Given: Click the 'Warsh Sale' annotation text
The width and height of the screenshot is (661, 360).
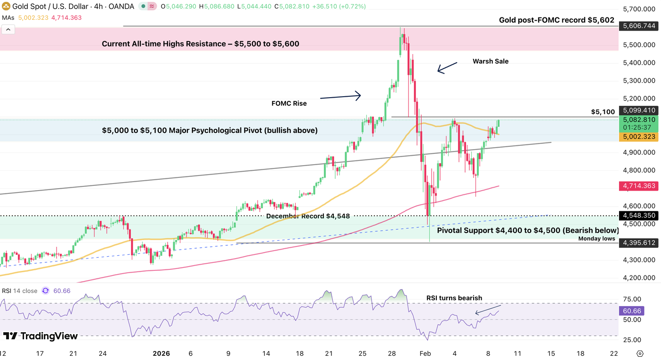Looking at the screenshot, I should (491, 61).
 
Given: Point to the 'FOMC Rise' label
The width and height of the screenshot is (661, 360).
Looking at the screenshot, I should (289, 103).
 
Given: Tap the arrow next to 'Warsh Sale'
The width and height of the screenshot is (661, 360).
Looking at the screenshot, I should (447, 67).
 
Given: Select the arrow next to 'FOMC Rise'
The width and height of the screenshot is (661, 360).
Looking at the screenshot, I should (340, 97).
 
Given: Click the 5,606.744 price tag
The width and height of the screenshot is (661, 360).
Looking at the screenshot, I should (639, 26).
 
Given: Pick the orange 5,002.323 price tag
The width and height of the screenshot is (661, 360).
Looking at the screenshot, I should (639, 136).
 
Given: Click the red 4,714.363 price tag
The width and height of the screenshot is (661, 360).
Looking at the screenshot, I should (639, 186).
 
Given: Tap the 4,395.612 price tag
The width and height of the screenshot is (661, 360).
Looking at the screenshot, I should (639, 243).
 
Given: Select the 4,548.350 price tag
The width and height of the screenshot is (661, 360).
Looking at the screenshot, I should (639, 215).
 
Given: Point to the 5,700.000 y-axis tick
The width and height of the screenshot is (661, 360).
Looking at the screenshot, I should (639, 9).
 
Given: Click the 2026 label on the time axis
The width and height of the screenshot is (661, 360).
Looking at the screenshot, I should (161, 353).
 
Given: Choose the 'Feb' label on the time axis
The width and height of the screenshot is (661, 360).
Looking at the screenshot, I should (425, 353).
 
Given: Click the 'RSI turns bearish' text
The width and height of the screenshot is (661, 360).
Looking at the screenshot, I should (454, 298).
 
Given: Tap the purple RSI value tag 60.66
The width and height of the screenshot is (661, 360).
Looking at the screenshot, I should (632, 311).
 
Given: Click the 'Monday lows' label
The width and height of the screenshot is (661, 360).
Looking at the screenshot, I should (597, 239).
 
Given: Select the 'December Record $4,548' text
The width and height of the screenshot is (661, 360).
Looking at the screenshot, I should (308, 216).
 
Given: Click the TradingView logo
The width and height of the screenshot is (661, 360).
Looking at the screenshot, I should (41, 336).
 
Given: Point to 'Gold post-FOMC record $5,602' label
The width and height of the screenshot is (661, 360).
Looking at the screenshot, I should (557, 20).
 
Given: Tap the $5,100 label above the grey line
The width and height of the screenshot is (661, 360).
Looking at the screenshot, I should (603, 112).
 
